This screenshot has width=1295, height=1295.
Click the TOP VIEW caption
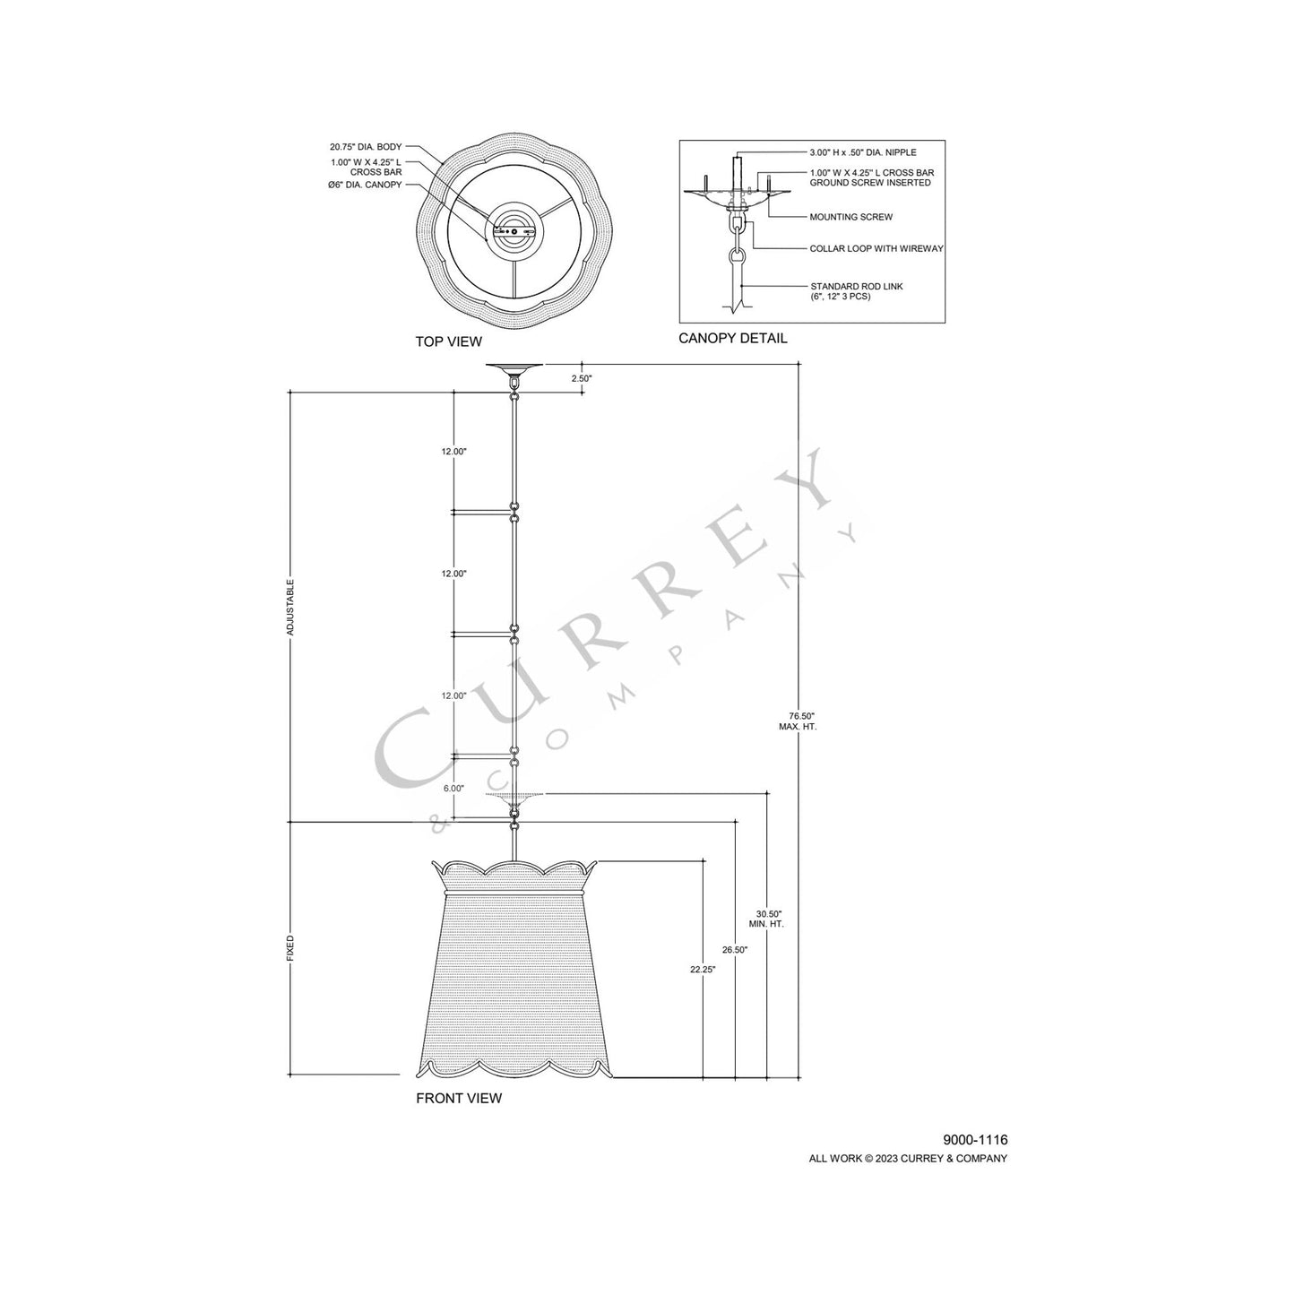448,341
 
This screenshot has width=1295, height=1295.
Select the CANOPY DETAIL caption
732,338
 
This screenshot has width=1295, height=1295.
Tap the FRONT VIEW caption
459,1098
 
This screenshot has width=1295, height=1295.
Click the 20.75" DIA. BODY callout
366,146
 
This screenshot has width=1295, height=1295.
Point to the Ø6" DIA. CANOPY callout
365,185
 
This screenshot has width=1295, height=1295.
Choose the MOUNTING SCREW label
850,217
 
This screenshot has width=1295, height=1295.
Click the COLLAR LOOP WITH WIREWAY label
876,248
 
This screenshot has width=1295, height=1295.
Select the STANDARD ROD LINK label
856,286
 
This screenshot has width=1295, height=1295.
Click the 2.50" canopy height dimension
582,378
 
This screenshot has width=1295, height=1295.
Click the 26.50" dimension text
734,949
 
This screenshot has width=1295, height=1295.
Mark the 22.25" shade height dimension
703,969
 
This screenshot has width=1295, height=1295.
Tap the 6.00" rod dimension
453,789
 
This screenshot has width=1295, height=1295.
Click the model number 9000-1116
975,1140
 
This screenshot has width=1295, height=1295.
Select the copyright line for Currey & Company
908,1158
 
